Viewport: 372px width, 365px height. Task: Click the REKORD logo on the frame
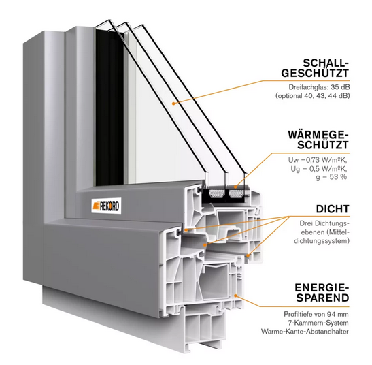106,206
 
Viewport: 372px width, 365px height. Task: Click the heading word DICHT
333,209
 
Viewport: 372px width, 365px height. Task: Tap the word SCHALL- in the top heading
326,63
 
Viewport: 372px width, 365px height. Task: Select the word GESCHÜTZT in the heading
316,73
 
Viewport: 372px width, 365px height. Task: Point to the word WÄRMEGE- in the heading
319,135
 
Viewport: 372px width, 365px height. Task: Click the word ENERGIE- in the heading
322,288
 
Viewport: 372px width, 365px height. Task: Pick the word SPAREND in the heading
322,298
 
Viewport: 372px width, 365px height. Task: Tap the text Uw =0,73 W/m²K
318,161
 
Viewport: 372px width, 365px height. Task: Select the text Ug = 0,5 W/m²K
319,169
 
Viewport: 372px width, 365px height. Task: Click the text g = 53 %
331,177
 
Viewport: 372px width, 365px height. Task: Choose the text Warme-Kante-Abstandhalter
305,331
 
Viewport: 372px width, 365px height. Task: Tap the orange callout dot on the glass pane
173,104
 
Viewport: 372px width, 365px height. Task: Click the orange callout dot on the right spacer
235,187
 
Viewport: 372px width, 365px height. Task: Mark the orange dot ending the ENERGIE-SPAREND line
235,296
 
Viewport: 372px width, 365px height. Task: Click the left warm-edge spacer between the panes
217,194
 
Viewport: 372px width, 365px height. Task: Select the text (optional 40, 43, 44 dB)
312,96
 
